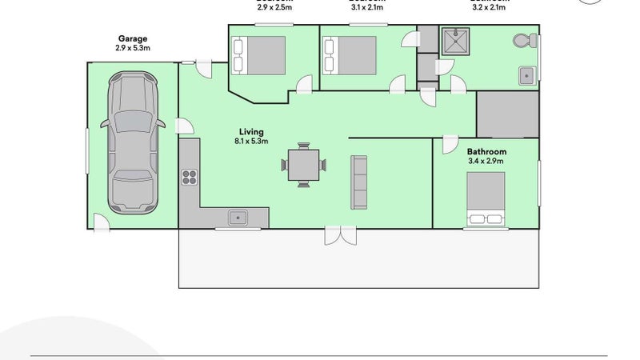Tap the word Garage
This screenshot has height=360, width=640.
pos(133,38)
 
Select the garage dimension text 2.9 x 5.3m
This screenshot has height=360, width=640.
pos(133,48)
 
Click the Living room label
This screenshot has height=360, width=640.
pos(250,132)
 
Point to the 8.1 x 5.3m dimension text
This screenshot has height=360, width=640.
pos(250,142)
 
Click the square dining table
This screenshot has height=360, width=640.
pos(303,166)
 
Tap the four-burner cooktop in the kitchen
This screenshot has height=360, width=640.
pos(190,177)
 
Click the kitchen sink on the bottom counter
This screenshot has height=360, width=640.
pos(238,216)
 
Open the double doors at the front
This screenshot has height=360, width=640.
pos(338,236)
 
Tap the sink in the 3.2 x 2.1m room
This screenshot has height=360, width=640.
pos(526,76)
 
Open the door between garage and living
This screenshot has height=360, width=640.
pos(183,126)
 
